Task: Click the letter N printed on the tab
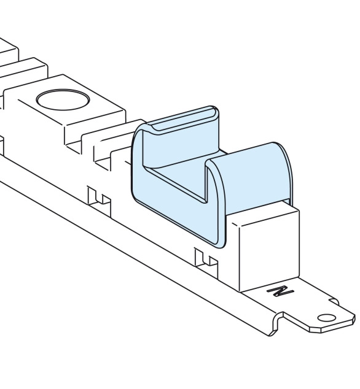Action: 281,291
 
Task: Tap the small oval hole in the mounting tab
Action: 326,318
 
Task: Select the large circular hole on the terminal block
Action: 63,100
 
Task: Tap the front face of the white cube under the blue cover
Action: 269,250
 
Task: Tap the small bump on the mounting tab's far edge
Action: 334,301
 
